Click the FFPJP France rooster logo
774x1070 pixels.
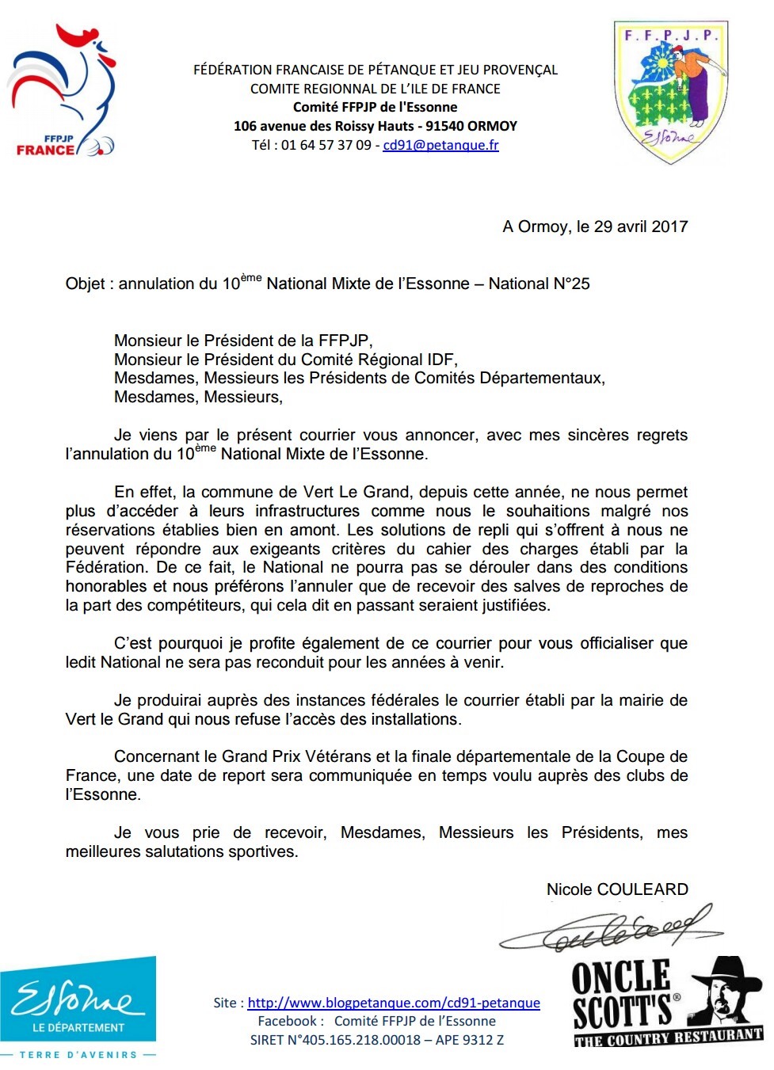[62, 91]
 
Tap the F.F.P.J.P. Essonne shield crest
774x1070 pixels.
[670, 91]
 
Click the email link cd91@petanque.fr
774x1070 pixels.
[440, 145]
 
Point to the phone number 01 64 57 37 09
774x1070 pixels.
[326, 145]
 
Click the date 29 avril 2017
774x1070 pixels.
[640, 227]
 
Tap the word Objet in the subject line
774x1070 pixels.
[85, 284]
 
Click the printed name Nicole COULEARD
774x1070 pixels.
[617, 889]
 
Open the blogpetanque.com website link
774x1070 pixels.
[394, 1003]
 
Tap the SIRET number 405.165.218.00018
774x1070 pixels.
[362, 1040]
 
